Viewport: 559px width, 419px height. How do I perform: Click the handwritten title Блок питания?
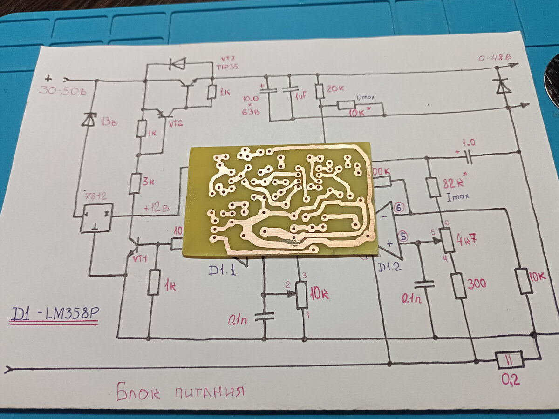click(x=180, y=391)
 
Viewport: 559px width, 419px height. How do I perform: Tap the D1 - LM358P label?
click(x=55, y=315)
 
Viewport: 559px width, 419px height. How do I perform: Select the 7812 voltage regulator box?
click(x=96, y=217)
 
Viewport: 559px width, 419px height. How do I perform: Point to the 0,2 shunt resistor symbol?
click(x=509, y=360)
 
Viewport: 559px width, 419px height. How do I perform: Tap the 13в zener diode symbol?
click(x=89, y=120)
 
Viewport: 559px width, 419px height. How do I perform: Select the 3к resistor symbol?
click(x=135, y=183)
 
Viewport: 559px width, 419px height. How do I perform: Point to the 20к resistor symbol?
click(x=320, y=91)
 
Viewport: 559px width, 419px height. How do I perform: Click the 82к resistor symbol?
click(x=433, y=187)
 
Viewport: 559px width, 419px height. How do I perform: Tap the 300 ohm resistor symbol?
click(x=459, y=285)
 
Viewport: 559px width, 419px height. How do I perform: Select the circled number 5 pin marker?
click(x=403, y=237)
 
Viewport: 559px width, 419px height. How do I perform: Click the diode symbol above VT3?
click(x=177, y=63)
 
